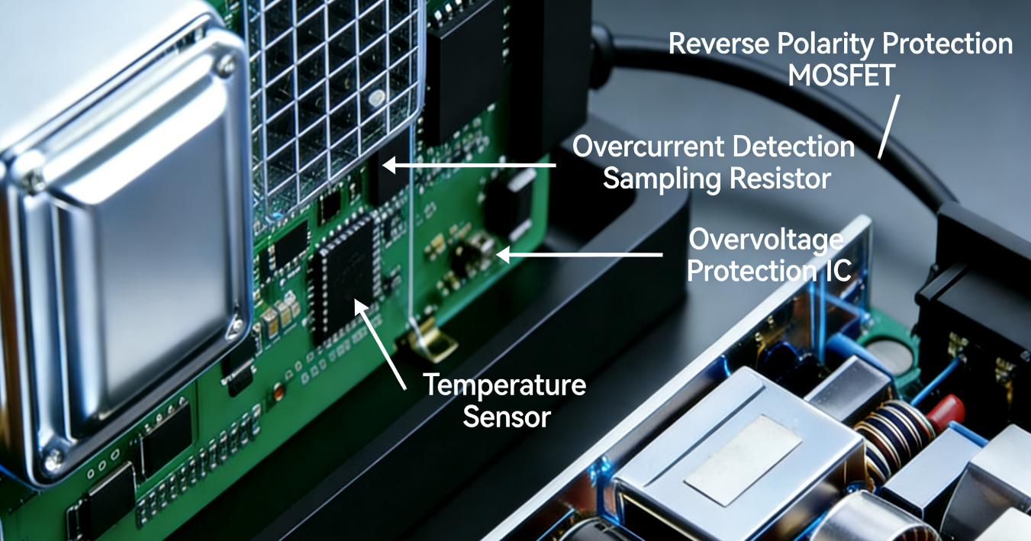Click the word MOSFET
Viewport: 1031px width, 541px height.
point(842,75)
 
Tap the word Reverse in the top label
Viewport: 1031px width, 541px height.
point(719,43)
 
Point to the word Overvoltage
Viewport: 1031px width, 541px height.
point(766,240)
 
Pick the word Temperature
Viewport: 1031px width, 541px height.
point(504,385)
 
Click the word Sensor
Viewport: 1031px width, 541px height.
point(507,417)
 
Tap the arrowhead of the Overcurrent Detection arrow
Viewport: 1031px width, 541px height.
point(389,165)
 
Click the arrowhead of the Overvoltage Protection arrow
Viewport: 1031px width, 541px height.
point(503,254)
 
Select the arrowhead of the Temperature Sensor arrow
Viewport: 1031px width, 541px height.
point(360,307)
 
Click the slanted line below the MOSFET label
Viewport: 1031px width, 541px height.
point(889,127)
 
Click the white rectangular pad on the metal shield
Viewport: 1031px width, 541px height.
point(743,460)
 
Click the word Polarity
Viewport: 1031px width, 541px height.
point(826,44)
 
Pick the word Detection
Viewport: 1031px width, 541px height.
point(794,147)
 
